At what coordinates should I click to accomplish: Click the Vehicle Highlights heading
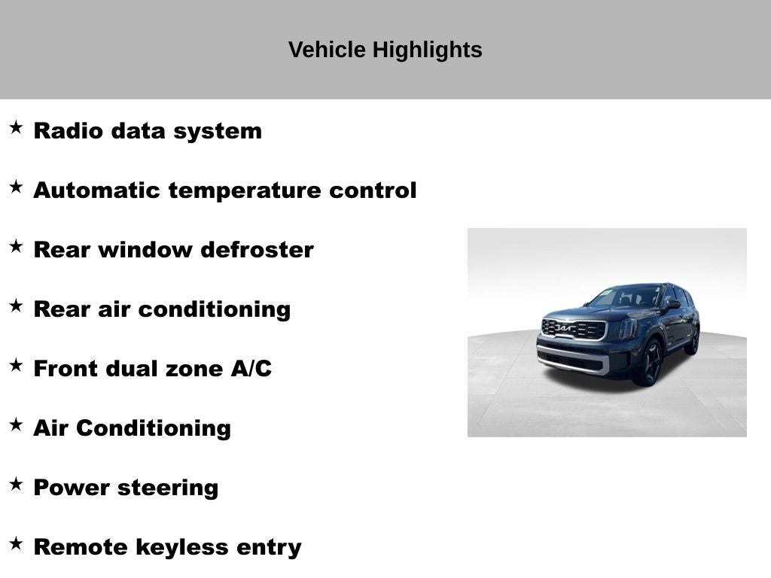(x=385, y=50)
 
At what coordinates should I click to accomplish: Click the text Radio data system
(x=148, y=130)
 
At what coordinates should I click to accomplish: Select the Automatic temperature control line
(x=224, y=190)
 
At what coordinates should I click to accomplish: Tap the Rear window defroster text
(x=173, y=249)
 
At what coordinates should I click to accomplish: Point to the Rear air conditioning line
(x=162, y=309)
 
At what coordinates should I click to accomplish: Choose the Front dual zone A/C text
(x=152, y=368)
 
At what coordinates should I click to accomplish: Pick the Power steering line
(x=126, y=487)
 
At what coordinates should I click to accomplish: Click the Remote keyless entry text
(x=167, y=546)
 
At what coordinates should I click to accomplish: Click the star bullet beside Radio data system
(x=16, y=127)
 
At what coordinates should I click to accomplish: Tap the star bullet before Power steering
(x=16, y=484)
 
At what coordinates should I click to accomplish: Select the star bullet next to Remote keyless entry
(x=16, y=543)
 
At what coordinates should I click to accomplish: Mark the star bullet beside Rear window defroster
(x=16, y=246)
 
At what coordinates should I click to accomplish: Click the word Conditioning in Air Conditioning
(x=153, y=427)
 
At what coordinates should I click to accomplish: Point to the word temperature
(x=245, y=190)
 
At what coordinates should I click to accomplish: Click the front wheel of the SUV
(x=650, y=364)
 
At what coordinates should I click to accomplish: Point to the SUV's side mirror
(x=672, y=305)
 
